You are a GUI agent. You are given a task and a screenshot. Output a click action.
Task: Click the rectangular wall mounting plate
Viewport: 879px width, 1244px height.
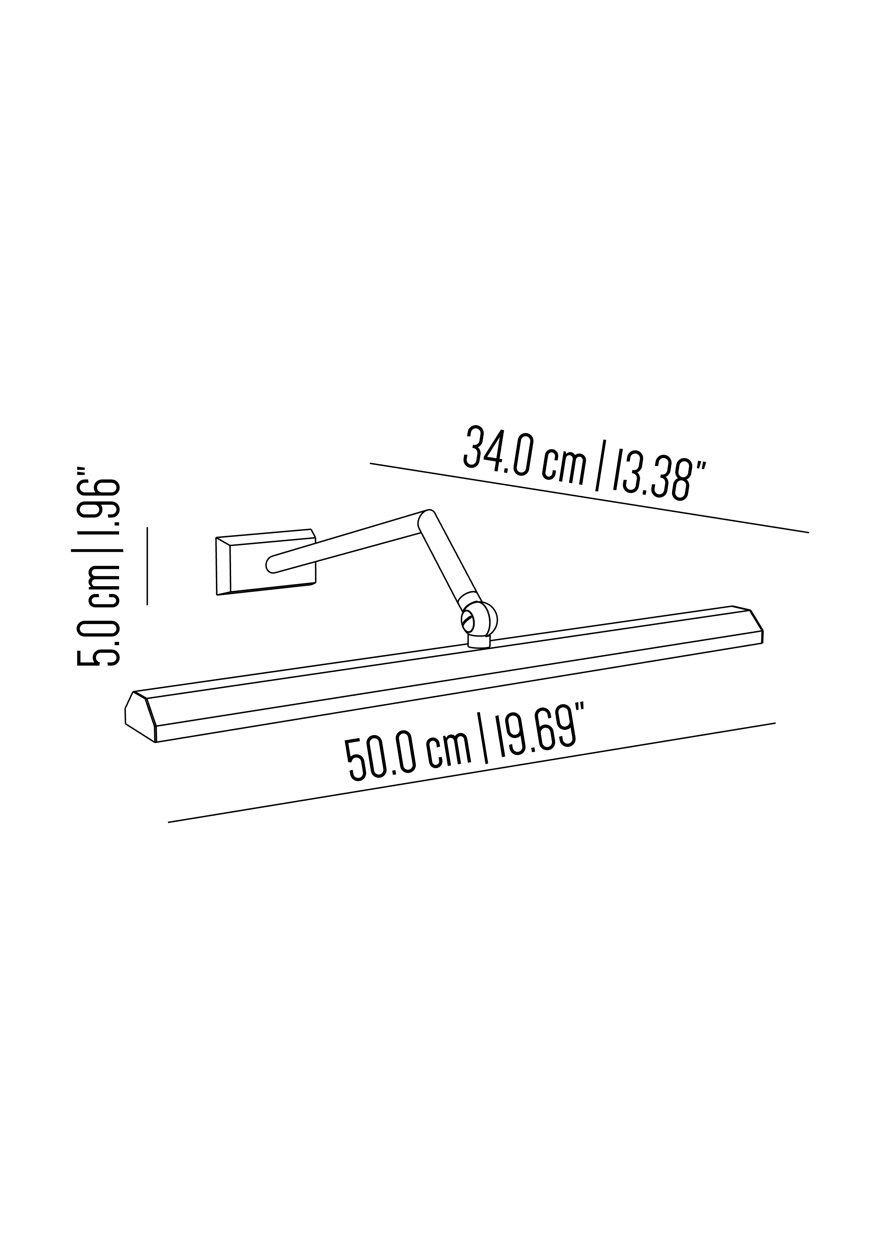pyautogui.click(x=265, y=562)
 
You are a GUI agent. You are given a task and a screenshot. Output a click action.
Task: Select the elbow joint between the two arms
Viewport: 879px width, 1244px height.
pyautogui.click(x=427, y=520)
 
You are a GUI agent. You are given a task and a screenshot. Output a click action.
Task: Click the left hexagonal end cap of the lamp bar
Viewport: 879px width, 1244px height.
pyautogui.click(x=140, y=716)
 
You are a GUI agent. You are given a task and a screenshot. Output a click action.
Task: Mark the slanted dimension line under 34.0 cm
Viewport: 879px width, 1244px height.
pyautogui.click(x=589, y=498)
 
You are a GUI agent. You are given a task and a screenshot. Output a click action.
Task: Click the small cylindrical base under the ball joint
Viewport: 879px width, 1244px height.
pyautogui.click(x=479, y=642)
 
